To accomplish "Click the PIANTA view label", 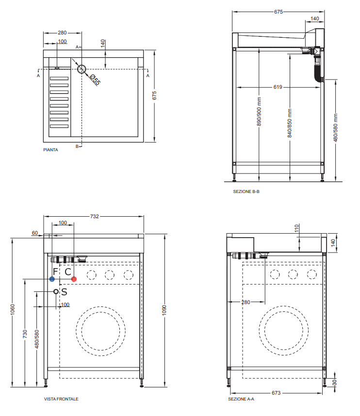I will (x=50, y=150).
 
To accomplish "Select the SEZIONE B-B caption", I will (x=246, y=192).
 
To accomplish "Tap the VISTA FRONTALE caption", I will (x=61, y=399).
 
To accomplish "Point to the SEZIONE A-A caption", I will (x=241, y=399).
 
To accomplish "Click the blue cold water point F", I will (x=52, y=279).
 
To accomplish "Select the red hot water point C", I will (x=74, y=279).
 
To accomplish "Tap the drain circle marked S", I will (x=56, y=291).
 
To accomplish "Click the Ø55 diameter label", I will (x=94, y=80).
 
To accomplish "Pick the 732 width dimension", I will (x=94, y=217).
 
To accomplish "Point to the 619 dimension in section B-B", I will (x=278, y=87).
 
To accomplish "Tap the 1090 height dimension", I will (x=164, y=310).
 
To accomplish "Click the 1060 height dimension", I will (x=13, y=310).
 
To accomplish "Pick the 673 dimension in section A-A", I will (x=277, y=393).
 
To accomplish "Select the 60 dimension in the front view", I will (x=34, y=233).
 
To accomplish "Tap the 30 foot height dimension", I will (x=335, y=383).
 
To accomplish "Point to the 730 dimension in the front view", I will (x=25, y=335).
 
